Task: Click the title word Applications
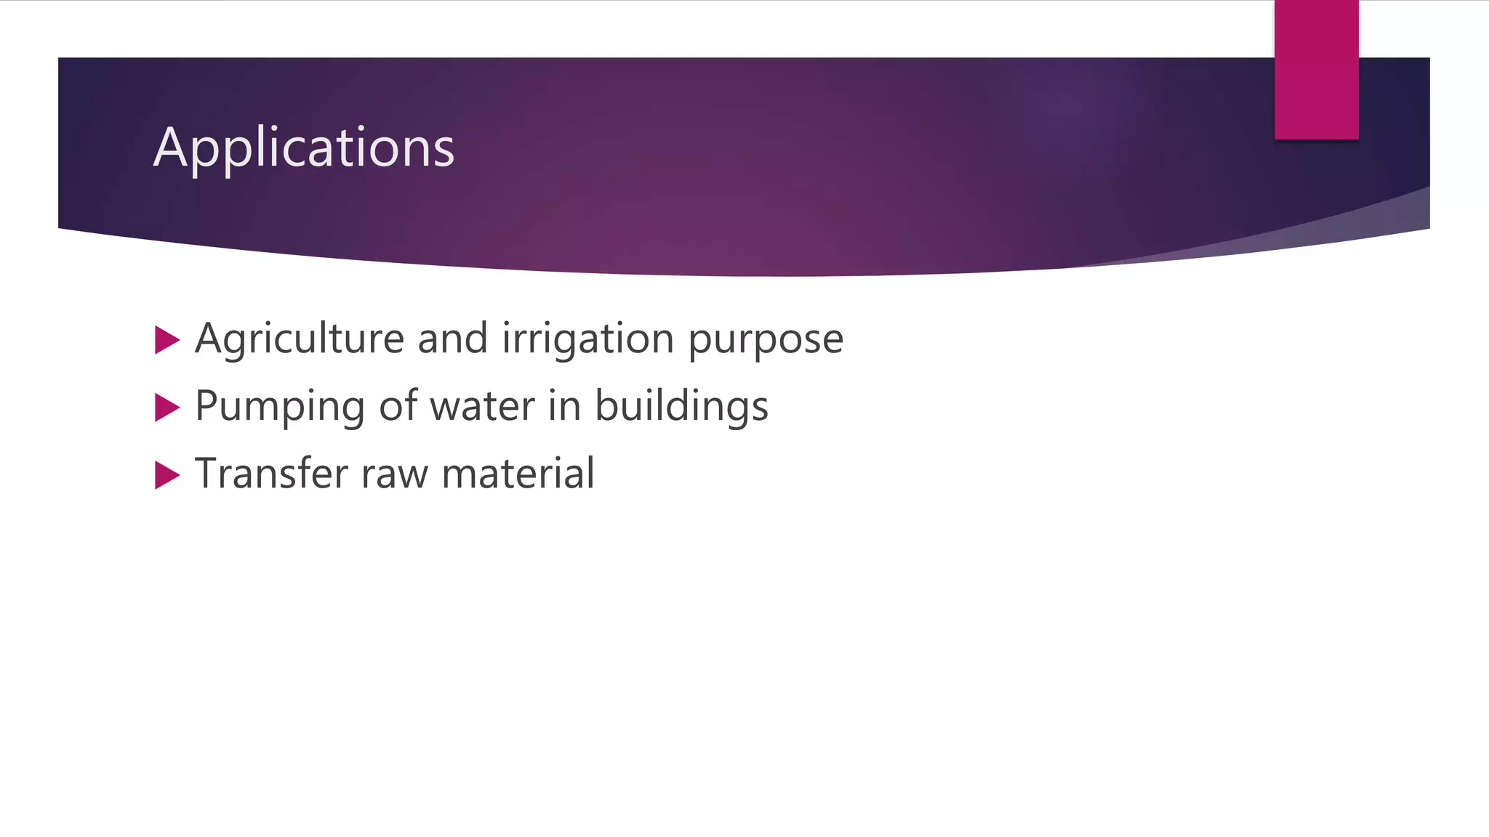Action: point(304,148)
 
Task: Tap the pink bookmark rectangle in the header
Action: point(1316,70)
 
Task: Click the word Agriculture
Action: point(300,339)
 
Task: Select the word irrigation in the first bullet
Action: point(588,339)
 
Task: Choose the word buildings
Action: point(681,407)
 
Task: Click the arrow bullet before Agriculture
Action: point(167,340)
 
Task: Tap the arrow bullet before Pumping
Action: point(167,408)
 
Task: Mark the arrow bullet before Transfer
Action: point(167,475)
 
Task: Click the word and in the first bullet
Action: point(452,339)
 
